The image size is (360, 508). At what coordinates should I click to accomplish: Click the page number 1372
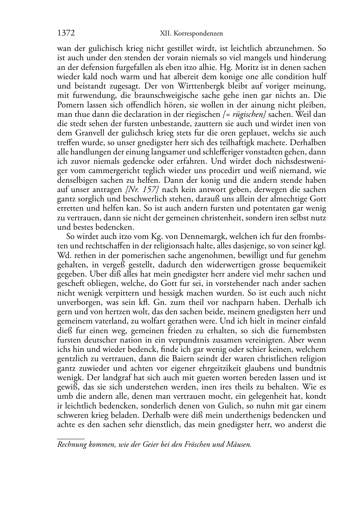tap(66, 33)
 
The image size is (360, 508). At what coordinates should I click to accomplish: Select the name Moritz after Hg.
tap(246, 67)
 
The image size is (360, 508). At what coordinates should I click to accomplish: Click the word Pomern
tap(70, 105)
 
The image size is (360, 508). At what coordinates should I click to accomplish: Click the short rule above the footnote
tap(71, 438)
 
